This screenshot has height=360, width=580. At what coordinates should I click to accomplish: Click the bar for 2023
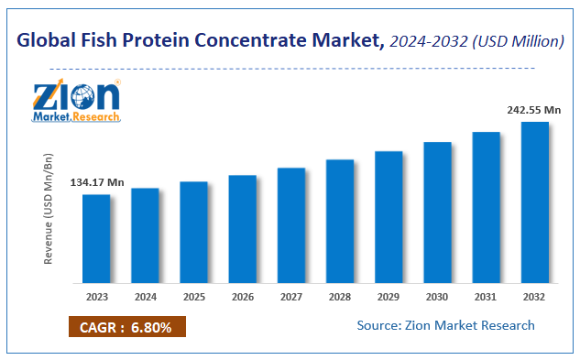coord(95,239)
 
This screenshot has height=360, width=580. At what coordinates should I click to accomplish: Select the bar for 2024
coord(145,235)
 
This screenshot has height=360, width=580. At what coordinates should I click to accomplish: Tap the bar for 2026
coord(242,229)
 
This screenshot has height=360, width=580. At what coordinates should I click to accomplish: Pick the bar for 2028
coord(340,222)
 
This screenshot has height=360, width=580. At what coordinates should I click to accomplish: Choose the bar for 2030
coord(437,213)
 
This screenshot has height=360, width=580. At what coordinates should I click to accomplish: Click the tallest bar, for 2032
coord(535,202)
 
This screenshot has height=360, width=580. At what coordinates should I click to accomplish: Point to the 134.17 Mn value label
coord(96,183)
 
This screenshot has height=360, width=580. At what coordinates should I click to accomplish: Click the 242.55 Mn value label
coord(534,110)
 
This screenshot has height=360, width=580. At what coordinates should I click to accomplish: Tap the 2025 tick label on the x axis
coord(193,297)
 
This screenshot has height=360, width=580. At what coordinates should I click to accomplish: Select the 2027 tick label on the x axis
coord(290,297)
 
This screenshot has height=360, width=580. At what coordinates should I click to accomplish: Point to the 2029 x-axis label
coord(388,297)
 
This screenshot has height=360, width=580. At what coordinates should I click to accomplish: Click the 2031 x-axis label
coord(486,297)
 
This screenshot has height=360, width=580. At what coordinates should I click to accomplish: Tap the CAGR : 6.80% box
coord(126,326)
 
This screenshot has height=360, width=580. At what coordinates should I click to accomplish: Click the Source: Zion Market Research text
coord(446,325)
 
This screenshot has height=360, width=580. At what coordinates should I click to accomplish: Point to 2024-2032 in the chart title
coord(427,42)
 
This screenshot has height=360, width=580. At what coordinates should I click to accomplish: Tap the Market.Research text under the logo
coord(76,117)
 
